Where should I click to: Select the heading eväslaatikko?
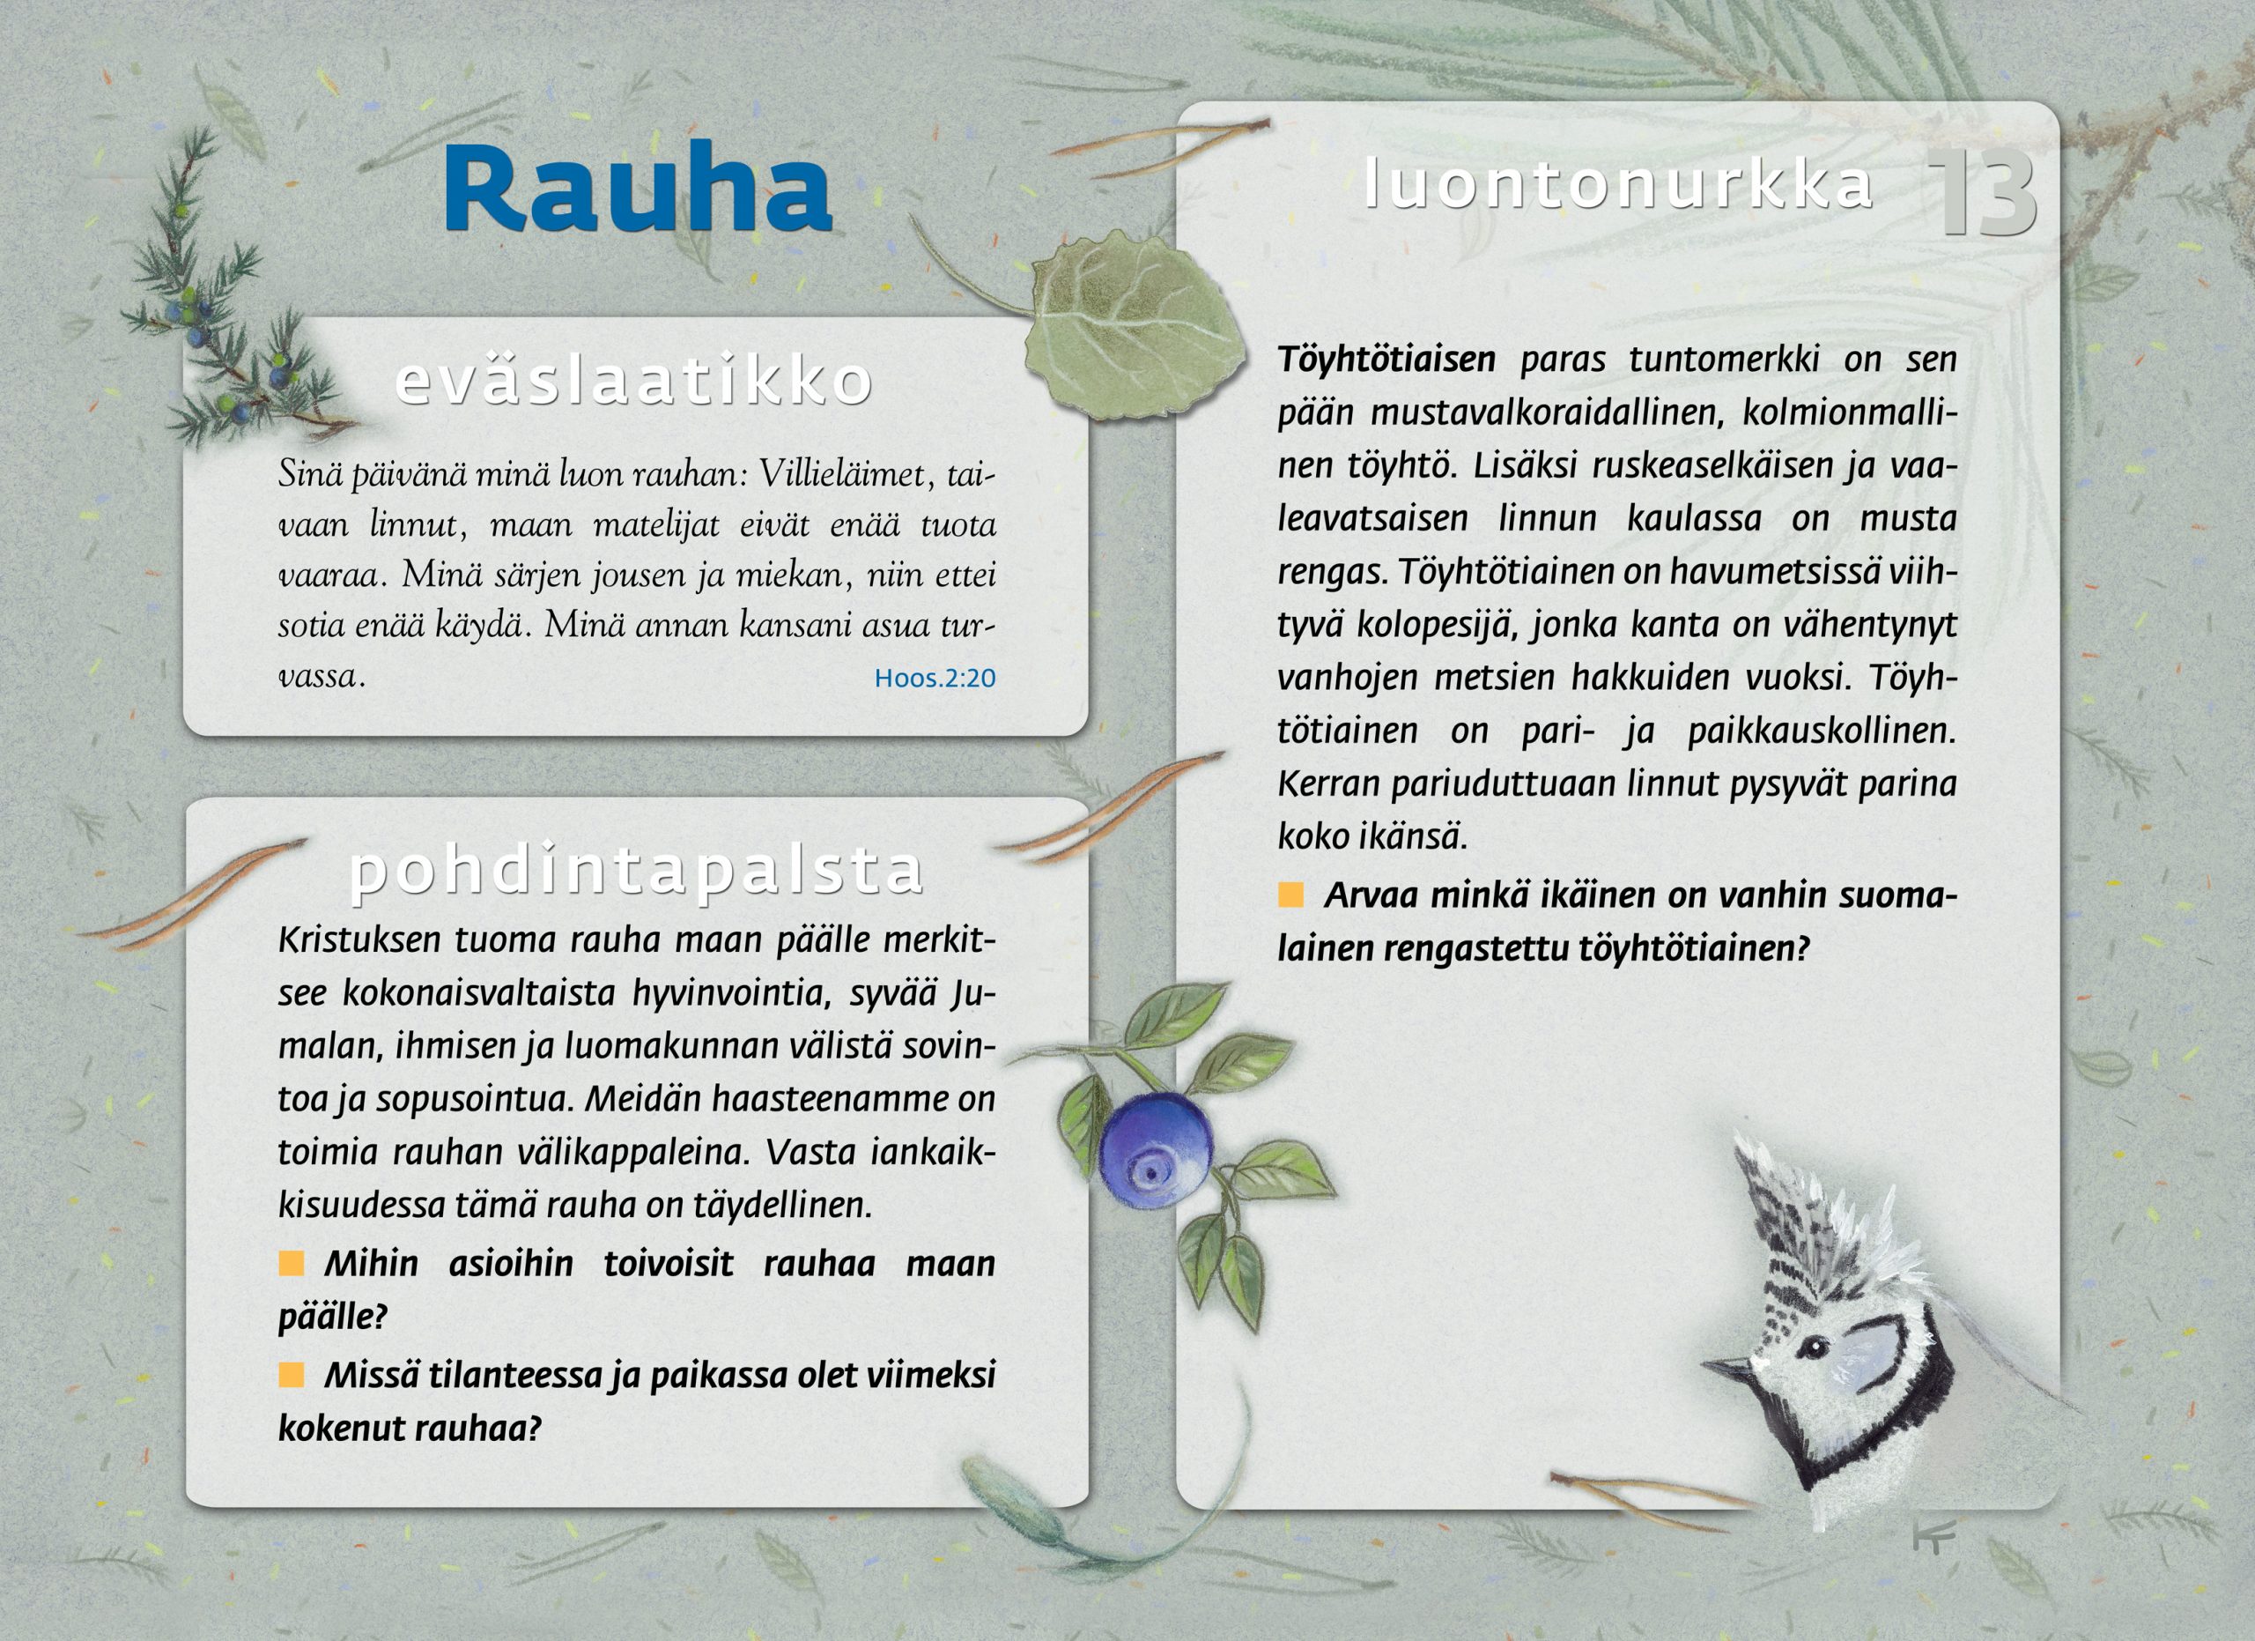(x=634, y=380)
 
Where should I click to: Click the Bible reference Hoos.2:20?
(x=935, y=679)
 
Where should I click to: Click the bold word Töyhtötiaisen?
(x=1387, y=360)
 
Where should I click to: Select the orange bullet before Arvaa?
(x=1290, y=895)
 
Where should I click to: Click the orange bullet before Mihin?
(x=292, y=1264)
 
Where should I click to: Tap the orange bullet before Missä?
(x=292, y=1376)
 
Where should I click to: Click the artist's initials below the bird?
(x=1933, y=1538)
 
